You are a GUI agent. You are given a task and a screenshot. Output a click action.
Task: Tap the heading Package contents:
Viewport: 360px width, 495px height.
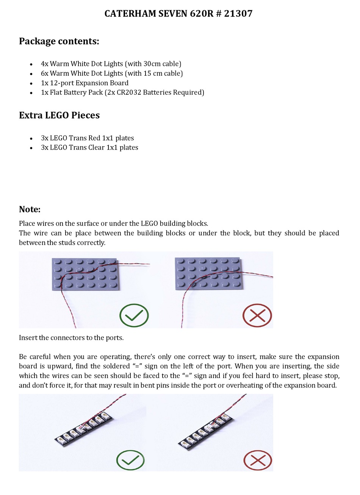59,41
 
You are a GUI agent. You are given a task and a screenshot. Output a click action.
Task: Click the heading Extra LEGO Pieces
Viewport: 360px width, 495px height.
59,115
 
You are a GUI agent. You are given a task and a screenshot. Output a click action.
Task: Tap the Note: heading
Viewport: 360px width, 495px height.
30,209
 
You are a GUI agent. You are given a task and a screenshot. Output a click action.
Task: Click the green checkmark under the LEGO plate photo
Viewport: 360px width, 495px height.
134,315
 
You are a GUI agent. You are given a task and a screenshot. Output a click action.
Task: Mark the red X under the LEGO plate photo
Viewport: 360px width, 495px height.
257,315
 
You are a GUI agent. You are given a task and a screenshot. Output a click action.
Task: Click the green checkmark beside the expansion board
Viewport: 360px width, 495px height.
130,460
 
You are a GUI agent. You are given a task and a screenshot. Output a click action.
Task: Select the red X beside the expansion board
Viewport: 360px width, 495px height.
257,460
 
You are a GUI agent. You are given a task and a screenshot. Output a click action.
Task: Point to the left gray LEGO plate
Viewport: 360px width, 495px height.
85,275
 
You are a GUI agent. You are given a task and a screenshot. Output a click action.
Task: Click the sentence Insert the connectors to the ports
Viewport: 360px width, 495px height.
71,338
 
